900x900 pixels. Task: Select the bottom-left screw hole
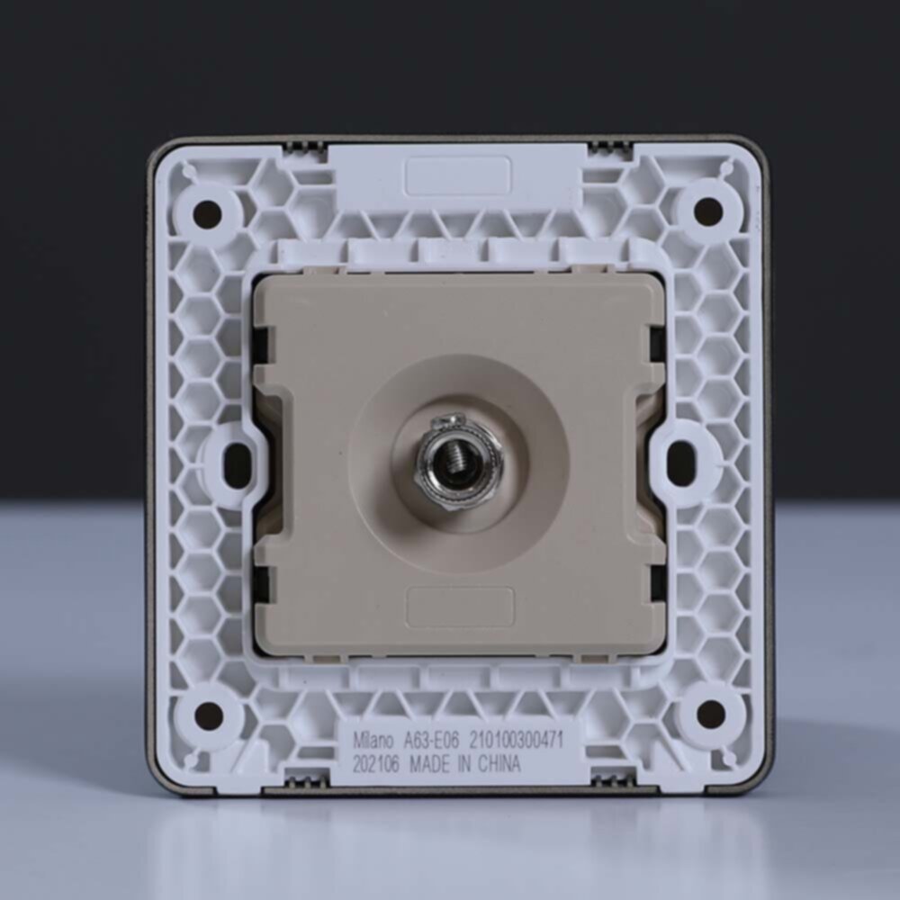(x=209, y=714)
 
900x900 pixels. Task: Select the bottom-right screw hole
(x=711, y=712)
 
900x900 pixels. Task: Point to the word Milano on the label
(x=373, y=741)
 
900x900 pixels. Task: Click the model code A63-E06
(x=430, y=741)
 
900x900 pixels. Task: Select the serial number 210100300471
(x=517, y=740)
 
